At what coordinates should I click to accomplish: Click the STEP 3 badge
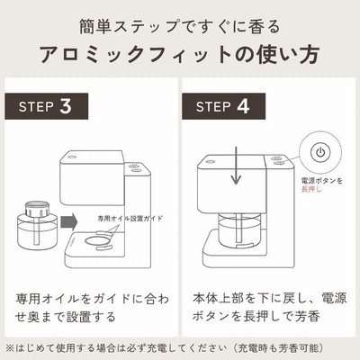(x=47, y=106)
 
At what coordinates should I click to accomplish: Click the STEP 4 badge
(x=223, y=106)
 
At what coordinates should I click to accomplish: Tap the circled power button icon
(x=320, y=152)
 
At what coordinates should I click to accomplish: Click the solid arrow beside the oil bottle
(x=69, y=222)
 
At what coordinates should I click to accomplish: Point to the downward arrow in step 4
(x=237, y=166)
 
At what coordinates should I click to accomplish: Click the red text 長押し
(x=311, y=189)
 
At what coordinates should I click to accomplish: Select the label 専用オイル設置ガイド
(x=130, y=218)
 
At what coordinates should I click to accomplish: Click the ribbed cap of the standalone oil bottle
(x=38, y=209)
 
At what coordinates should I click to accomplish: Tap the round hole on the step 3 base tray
(x=97, y=241)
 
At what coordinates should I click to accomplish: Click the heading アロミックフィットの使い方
(x=179, y=55)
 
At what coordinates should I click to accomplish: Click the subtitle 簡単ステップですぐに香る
(x=180, y=26)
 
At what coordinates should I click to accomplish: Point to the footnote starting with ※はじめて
(x=165, y=348)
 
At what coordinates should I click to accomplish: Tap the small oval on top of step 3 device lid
(x=72, y=157)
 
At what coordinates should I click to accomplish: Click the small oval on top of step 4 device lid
(x=209, y=163)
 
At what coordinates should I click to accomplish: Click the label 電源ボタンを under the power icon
(x=322, y=181)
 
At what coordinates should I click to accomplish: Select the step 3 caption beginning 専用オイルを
(x=92, y=308)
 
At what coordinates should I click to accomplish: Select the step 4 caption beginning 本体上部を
(x=269, y=307)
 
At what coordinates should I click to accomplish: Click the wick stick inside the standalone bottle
(x=38, y=230)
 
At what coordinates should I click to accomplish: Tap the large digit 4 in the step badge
(x=243, y=106)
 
